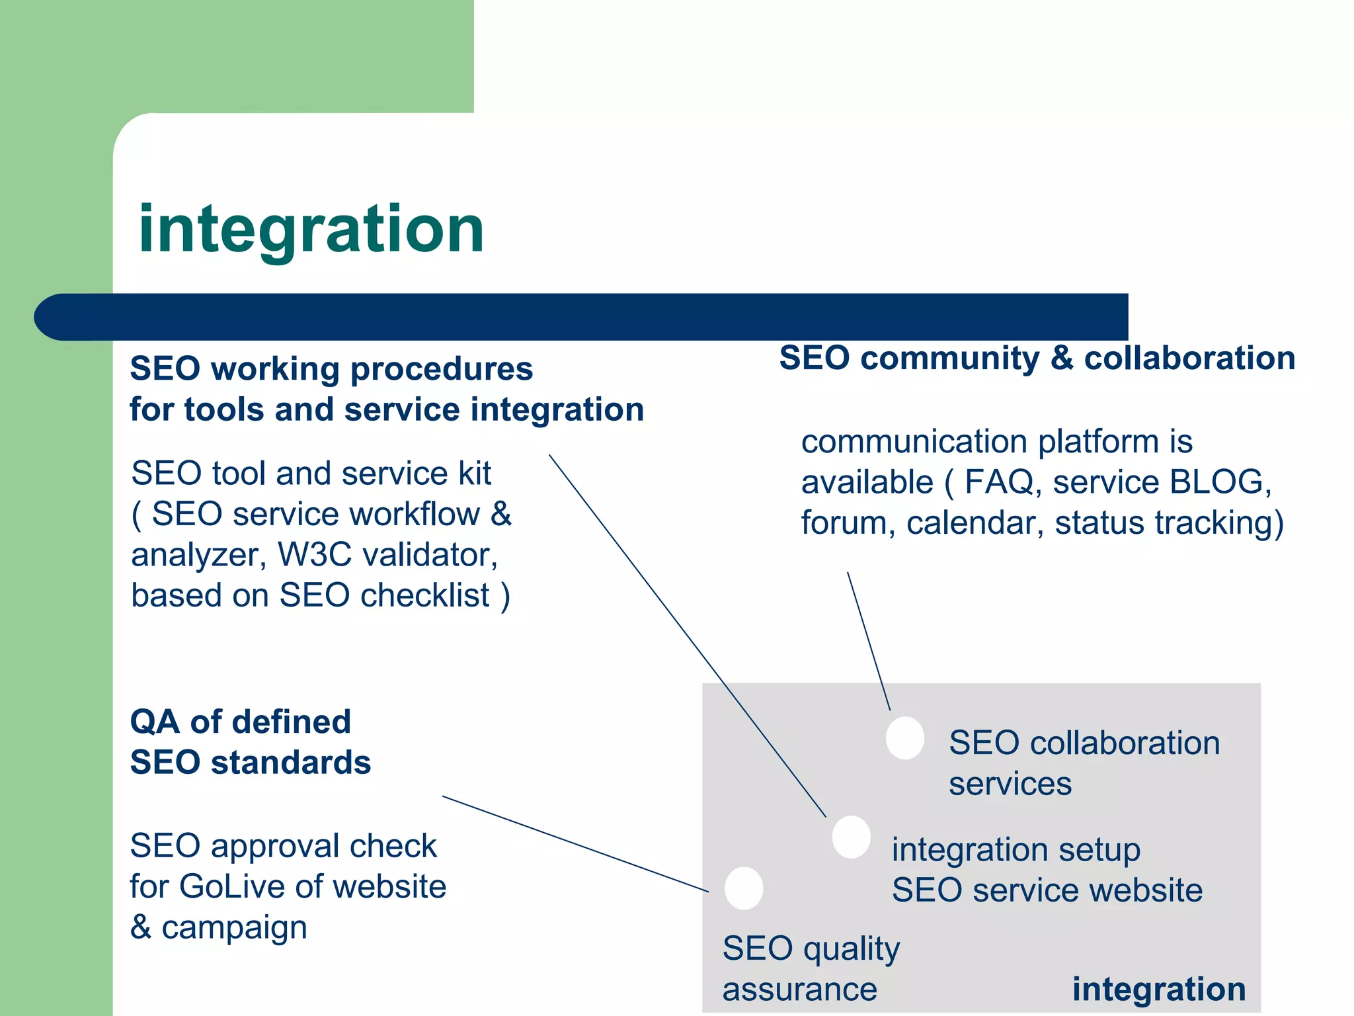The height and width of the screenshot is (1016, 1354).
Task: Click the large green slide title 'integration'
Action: click(311, 230)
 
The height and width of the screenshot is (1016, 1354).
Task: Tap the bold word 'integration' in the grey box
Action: click(1158, 989)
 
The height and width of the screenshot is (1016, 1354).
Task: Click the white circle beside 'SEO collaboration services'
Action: click(905, 738)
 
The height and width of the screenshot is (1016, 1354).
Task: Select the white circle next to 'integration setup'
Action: click(851, 837)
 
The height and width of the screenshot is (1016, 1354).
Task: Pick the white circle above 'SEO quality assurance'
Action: click(744, 888)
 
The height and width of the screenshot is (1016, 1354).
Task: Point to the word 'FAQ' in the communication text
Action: click(999, 482)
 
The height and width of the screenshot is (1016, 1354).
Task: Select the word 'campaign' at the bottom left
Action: click(234, 928)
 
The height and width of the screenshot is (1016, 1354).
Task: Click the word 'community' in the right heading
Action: click(949, 358)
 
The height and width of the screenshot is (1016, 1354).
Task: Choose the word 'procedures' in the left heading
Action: click(441, 368)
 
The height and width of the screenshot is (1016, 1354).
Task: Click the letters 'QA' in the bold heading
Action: click(155, 721)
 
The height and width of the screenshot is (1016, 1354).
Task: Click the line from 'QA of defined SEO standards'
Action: click(575, 844)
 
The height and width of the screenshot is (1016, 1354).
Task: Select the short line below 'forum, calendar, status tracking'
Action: click(869, 641)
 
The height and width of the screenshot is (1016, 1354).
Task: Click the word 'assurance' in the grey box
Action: click(799, 990)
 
